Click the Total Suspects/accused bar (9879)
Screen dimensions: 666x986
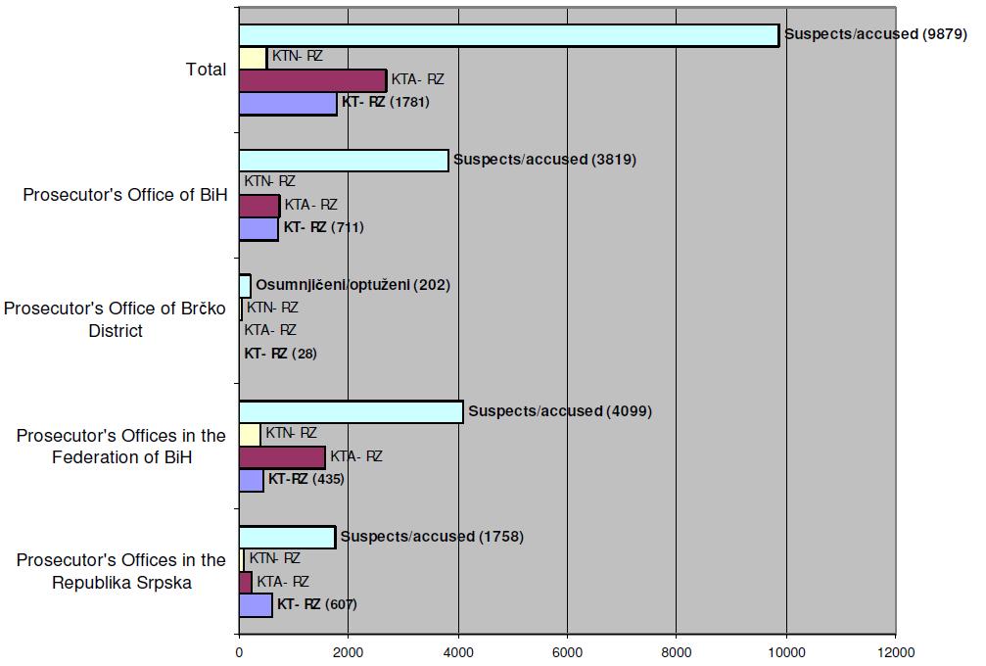tap(508, 35)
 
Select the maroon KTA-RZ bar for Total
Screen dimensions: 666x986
tap(312, 80)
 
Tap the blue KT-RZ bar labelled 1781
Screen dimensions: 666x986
tap(288, 103)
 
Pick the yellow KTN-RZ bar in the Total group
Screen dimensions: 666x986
tap(253, 58)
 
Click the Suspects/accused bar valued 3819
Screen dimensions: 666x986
tap(344, 160)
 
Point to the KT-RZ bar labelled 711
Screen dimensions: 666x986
tap(258, 228)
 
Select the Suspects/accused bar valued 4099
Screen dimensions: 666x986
tap(351, 411)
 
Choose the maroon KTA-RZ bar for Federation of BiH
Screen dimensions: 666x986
tap(282, 456)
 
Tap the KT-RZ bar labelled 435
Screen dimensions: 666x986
tap(252, 480)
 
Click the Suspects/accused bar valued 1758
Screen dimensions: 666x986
tap(287, 537)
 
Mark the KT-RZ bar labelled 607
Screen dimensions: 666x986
tap(256, 604)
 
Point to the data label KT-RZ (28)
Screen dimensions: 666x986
tap(280, 354)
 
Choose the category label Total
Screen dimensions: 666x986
tap(206, 70)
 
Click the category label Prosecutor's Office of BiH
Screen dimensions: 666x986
tap(125, 195)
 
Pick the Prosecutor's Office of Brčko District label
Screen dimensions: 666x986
tap(115, 319)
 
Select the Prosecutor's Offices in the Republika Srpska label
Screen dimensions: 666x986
tap(120, 571)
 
